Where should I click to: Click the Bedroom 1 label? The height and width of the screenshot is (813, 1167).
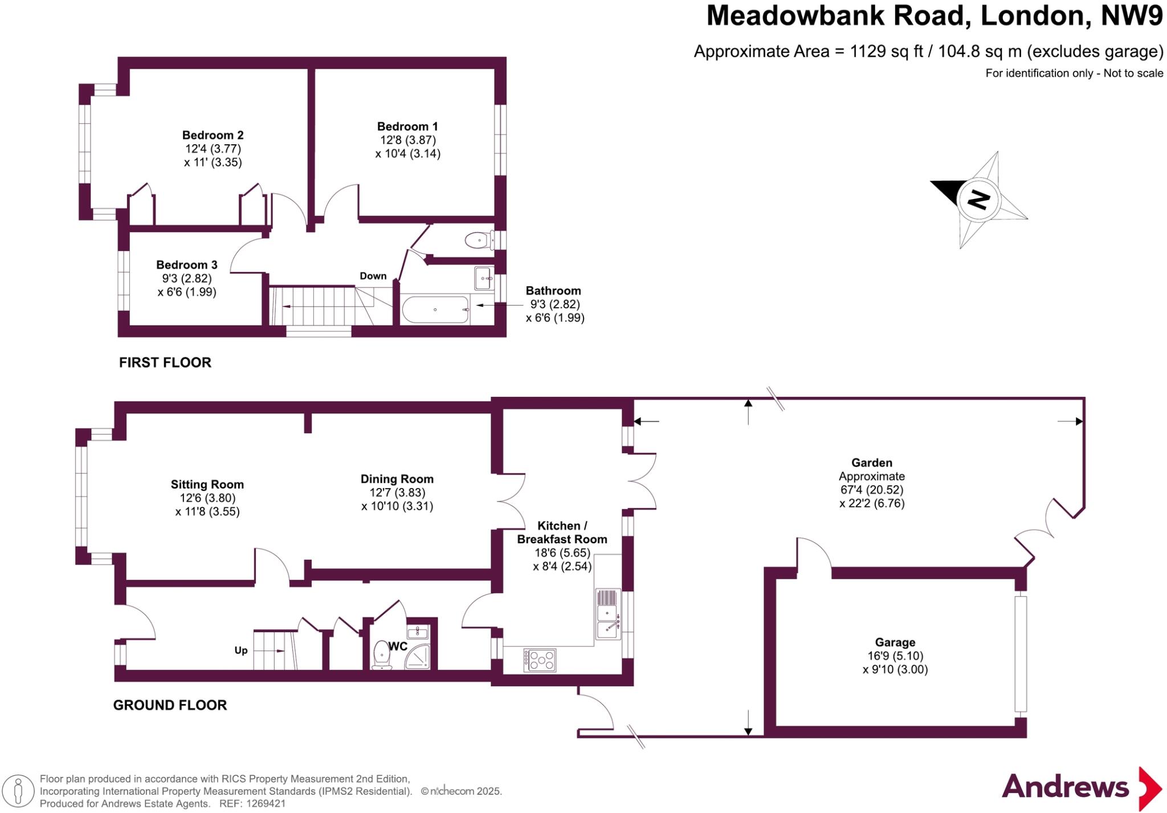407,127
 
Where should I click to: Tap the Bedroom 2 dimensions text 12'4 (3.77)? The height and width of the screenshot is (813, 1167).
213,149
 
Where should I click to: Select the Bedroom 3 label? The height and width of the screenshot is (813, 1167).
187,265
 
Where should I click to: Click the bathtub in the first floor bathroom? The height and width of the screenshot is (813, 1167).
435,309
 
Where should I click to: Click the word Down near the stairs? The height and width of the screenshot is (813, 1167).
373,276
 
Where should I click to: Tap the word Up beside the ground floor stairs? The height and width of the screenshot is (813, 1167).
241,651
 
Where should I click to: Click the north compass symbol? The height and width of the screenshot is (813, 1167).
979,200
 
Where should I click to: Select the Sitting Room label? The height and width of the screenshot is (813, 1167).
207,485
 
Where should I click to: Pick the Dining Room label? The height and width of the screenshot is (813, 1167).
397,479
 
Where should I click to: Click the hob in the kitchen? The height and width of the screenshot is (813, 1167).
539,660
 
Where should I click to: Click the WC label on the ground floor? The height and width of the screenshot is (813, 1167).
398,647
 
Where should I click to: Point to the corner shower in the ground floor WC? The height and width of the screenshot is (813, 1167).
420,658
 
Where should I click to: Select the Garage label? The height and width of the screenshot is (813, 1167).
895,643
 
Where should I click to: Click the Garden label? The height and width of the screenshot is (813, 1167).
872,463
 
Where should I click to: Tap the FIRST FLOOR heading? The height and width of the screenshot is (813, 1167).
165,363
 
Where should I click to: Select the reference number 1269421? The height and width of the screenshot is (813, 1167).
265,803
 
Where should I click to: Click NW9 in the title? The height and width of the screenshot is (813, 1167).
1131,16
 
